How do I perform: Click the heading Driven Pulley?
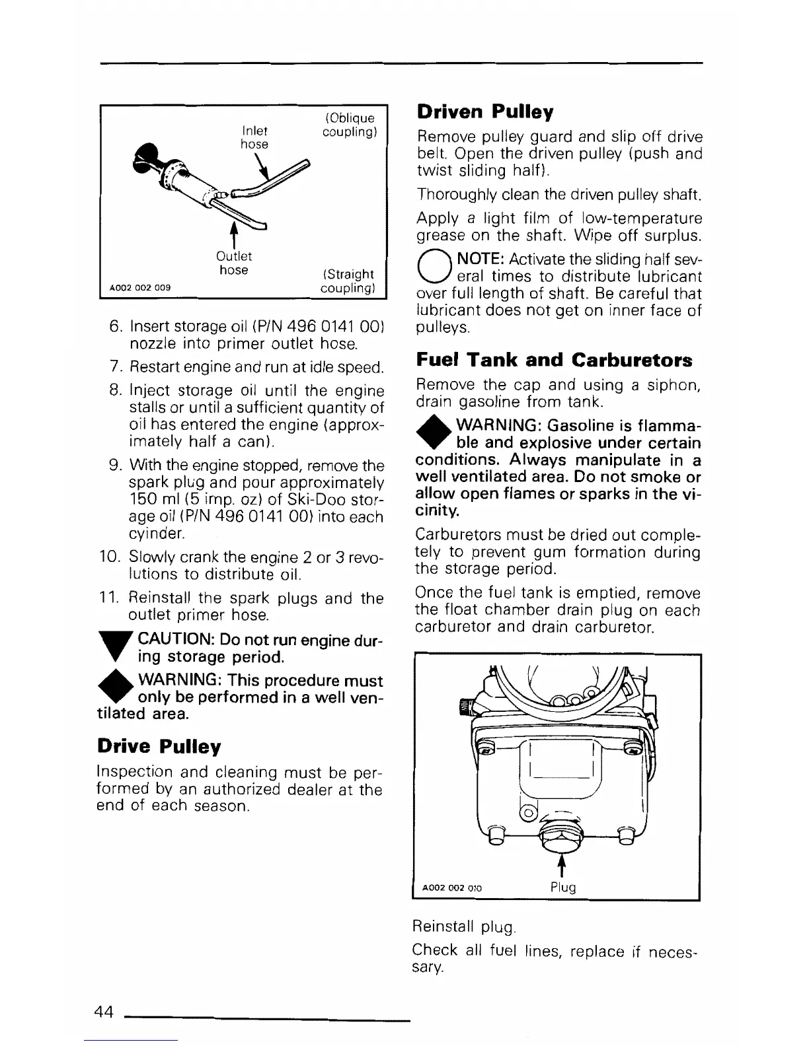click(485, 112)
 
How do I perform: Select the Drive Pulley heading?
click(159, 747)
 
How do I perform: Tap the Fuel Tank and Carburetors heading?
click(554, 360)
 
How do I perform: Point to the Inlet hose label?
click(254, 137)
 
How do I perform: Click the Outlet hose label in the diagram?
click(234, 263)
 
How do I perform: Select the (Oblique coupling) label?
click(349, 125)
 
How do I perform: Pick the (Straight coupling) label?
click(348, 281)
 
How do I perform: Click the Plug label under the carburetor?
click(563, 887)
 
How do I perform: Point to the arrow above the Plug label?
click(562, 866)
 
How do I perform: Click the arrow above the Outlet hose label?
click(233, 235)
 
